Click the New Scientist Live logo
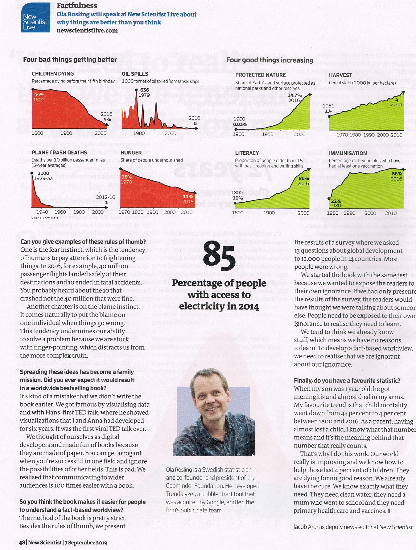click(36, 18)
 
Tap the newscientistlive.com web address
click(87, 30)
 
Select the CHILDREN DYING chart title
click(53, 73)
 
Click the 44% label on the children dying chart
click(39, 94)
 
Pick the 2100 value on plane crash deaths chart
click(43, 173)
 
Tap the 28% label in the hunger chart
click(127, 177)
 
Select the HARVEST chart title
click(340, 75)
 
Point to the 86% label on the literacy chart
click(304, 178)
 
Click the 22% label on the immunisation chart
click(336, 201)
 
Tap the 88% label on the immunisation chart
click(397, 174)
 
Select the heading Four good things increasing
click(270, 60)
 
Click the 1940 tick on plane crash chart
click(42, 212)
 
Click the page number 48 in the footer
click(22, 542)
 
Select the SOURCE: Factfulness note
click(44, 218)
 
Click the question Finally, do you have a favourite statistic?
click(347, 380)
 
